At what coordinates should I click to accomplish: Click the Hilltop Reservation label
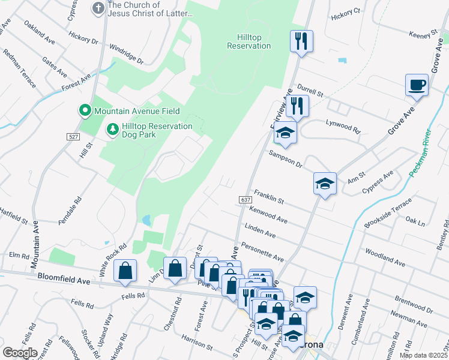(249, 41)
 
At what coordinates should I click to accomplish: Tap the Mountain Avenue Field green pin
(85, 111)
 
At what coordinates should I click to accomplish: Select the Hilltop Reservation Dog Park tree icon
(112, 129)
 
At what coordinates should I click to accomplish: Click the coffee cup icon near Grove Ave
(416, 85)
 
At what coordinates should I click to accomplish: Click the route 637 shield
(244, 199)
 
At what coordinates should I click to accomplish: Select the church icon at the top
(98, 8)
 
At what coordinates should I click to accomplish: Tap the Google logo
(20, 352)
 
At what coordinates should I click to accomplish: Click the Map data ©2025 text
(423, 355)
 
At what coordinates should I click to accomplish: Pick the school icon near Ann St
(325, 184)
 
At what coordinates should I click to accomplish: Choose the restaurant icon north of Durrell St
(300, 41)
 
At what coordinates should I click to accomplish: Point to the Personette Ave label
(262, 251)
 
